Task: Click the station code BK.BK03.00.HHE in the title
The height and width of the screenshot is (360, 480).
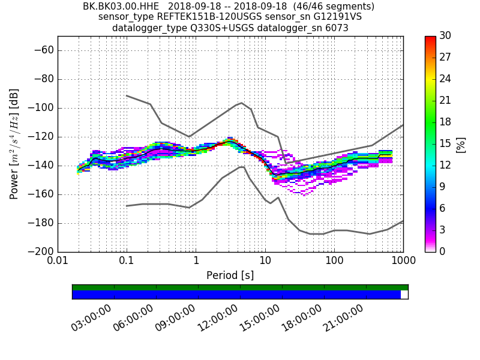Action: (121, 7)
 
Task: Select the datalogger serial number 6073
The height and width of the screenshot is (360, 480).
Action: (337, 28)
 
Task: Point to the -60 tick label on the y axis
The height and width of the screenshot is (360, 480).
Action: (42, 50)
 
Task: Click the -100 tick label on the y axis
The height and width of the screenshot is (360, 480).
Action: (40, 108)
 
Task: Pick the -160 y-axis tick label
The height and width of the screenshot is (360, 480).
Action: (40, 194)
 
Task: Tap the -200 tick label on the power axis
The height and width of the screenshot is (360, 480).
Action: (40, 251)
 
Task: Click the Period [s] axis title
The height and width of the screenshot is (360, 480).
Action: (230, 275)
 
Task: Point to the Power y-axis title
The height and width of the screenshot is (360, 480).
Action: (14, 144)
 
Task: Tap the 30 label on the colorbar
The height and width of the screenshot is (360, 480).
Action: (445, 36)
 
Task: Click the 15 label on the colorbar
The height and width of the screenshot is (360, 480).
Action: (445, 143)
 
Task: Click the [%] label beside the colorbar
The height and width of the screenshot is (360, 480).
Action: (461, 144)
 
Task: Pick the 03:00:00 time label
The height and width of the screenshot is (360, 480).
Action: (91, 317)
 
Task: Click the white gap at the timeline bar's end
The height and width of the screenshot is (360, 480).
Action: (404, 295)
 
